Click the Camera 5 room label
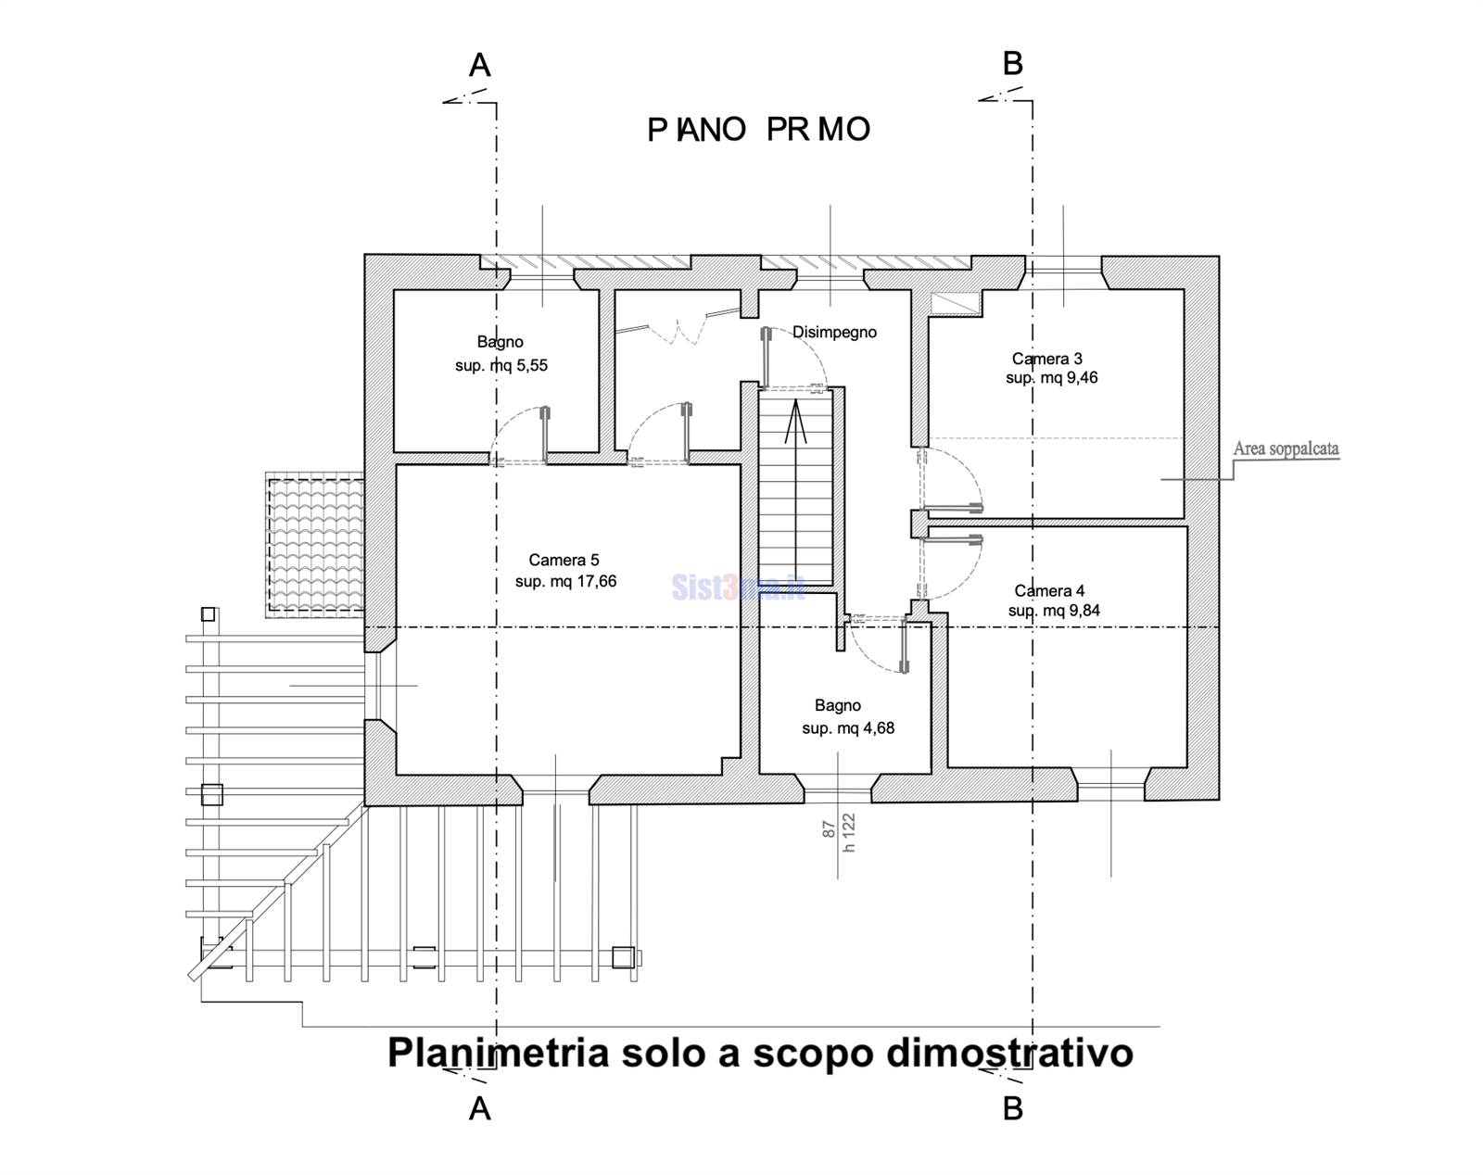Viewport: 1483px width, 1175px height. (564, 560)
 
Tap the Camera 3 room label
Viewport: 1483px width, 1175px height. (1046, 359)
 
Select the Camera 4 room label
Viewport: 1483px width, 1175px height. (1049, 590)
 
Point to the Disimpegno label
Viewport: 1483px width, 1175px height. (834, 332)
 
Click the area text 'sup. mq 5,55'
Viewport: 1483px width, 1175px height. (501, 365)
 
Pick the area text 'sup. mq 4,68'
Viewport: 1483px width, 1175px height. (848, 728)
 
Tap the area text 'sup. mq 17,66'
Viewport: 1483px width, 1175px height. (565, 581)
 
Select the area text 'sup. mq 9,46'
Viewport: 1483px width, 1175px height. (1052, 378)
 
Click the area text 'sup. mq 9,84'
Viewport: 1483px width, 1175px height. (1054, 611)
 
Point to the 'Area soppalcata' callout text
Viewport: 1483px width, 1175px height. (1286, 449)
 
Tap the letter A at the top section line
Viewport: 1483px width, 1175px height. (479, 65)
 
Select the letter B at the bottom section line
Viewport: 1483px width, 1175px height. (1013, 1107)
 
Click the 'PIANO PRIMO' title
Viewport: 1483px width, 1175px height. (758, 130)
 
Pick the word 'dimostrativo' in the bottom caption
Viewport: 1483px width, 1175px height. (1009, 1053)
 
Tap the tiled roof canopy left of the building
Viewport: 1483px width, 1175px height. (315, 545)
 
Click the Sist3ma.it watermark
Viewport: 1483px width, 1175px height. (737, 587)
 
